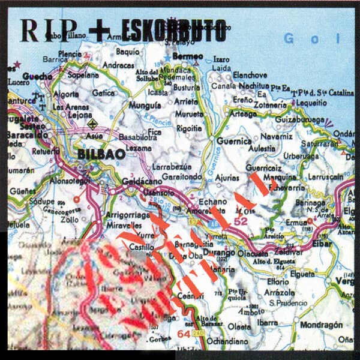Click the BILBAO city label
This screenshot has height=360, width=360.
coord(101,154)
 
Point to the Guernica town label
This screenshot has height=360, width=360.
coord(233,141)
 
